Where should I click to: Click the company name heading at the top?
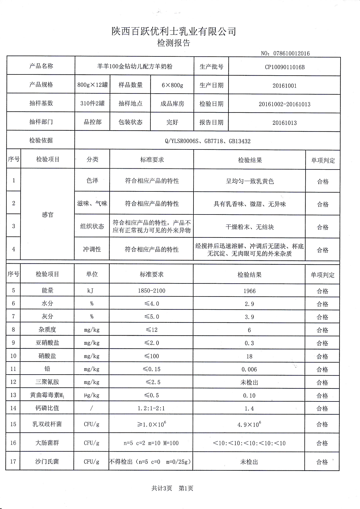[x=174, y=31]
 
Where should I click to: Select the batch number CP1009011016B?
[x=284, y=67]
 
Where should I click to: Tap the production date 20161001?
[x=284, y=86]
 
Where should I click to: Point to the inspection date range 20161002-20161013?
[x=284, y=104]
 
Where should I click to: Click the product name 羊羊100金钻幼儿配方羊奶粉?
[x=135, y=66]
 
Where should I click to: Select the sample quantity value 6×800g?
[x=172, y=85]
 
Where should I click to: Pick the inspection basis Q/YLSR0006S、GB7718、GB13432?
[x=207, y=141]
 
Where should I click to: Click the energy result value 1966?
[x=249, y=291]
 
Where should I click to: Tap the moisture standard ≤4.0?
[x=152, y=304]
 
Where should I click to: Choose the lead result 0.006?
[x=249, y=369]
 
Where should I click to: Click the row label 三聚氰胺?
[x=47, y=382]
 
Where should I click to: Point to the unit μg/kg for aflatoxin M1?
[x=91, y=395]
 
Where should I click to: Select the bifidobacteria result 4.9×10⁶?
[x=249, y=424]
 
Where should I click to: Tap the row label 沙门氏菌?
[x=47, y=461]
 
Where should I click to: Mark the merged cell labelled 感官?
[x=48, y=215]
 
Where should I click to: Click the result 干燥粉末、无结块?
[x=249, y=227]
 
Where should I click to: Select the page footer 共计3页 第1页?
[x=172, y=488]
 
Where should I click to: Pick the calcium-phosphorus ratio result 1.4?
[x=249, y=408]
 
